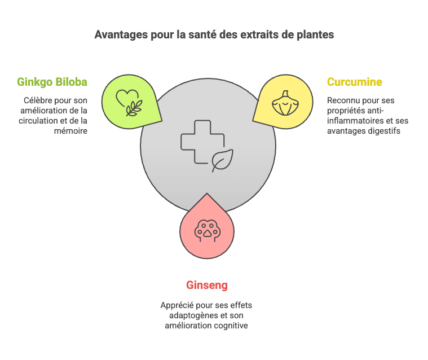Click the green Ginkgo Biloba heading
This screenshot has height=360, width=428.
coord(52,82)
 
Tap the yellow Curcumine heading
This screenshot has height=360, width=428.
coord(355,82)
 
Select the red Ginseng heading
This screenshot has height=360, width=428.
coord(207,286)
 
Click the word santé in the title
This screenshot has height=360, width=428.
coord(201,34)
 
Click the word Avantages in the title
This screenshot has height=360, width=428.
coord(121,35)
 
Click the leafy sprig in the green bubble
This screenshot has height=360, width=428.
coord(134,108)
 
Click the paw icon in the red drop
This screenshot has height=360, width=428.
coord(208,231)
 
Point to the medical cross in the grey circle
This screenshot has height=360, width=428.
coord(202,142)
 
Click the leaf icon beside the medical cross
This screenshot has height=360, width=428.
coord(222,161)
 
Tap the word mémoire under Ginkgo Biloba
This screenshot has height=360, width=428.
coord(70,131)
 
